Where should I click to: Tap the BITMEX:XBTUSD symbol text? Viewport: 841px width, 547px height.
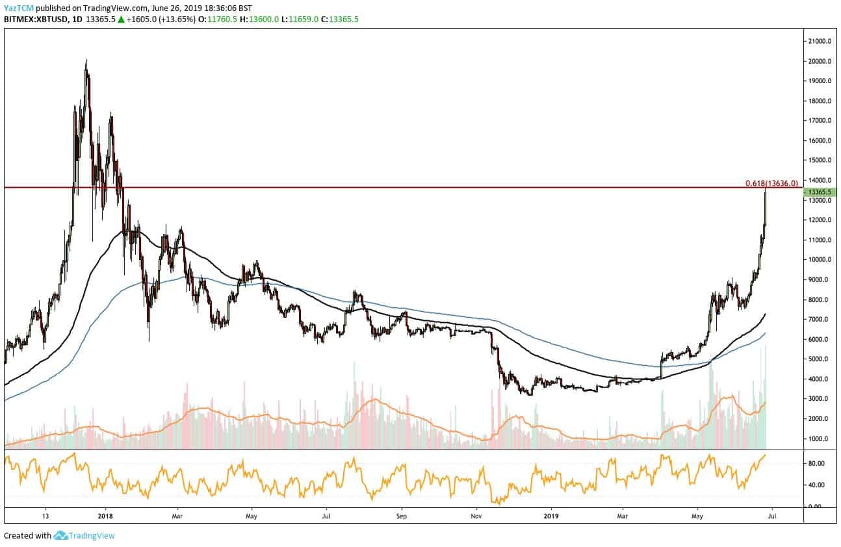point(33,19)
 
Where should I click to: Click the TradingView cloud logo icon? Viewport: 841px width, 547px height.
point(60,536)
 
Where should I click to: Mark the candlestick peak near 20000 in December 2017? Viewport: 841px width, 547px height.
point(86,62)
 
